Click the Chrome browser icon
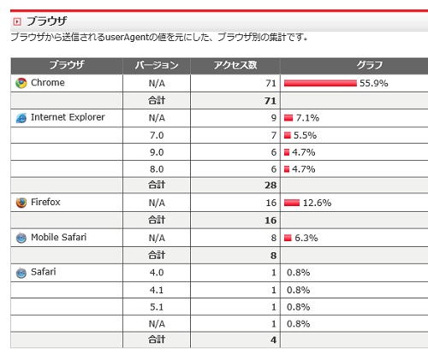(21, 83)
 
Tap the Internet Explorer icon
(21, 118)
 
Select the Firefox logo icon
(21, 203)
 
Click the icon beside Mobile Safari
(21, 238)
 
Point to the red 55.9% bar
(320, 83)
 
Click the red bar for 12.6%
(292, 203)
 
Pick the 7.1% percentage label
(307, 118)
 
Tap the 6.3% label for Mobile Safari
(306, 238)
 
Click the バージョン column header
(157, 65)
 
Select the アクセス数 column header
(235, 65)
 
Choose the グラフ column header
(370, 65)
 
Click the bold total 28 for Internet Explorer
(270, 186)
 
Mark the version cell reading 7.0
(157, 135)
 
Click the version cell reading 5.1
(157, 307)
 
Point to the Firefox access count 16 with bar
(271, 203)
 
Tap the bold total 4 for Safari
(274, 339)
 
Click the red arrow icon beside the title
(17, 21)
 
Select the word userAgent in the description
(128, 38)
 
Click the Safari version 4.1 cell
(157, 290)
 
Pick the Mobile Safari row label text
(58, 237)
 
